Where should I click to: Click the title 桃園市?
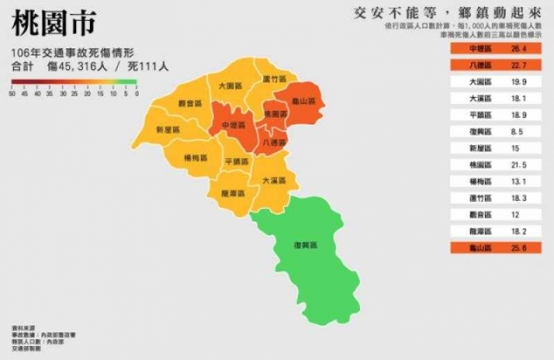(x=54, y=24)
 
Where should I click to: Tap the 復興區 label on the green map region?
(x=305, y=245)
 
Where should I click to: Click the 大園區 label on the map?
(x=231, y=85)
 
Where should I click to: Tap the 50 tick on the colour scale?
(x=13, y=94)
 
